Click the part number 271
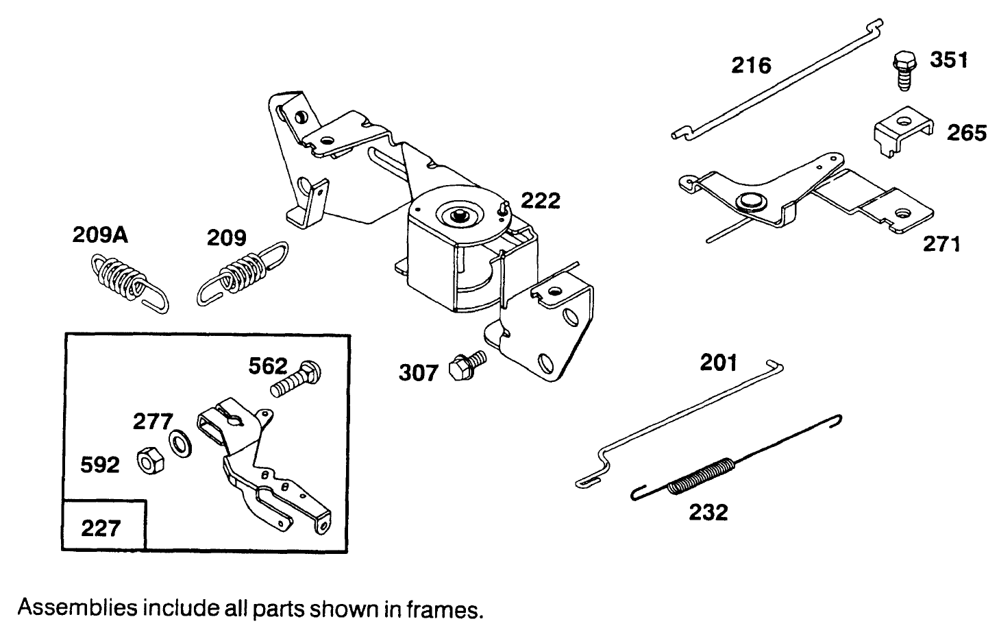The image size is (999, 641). pyautogui.click(x=941, y=243)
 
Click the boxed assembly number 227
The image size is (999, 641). pyautogui.click(x=101, y=528)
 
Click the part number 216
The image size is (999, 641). pyautogui.click(x=751, y=66)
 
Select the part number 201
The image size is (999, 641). pyautogui.click(x=718, y=362)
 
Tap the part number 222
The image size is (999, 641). pyautogui.click(x=541, y=200)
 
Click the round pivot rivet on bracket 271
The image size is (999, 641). pyautogui.click(x=749, y=202)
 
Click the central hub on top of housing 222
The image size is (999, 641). pyautogui.click(x=456, y=215)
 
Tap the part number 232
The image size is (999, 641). pyautogui.click(x=708, y=512)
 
